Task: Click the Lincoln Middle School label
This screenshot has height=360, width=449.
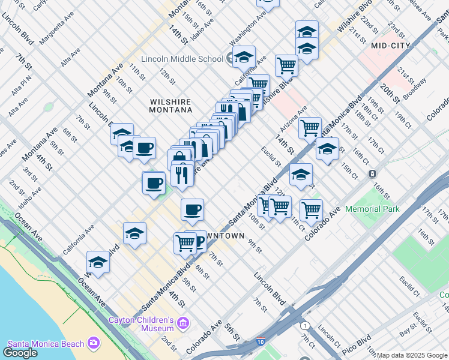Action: coord(181,59)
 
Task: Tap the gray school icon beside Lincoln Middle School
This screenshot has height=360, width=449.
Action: coord(230,58)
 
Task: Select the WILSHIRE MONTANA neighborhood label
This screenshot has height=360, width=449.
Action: coord(171,106)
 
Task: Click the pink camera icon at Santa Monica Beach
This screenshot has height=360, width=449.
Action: coord(93,342)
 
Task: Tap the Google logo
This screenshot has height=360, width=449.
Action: coord(20,353)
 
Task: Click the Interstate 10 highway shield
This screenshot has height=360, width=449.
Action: coord(260,342)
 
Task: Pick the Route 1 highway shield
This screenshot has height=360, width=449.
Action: coord(305,326)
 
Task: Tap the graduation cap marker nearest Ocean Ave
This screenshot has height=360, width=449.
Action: coord(98,262)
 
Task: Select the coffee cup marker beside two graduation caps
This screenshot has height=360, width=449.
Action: coord(144,148)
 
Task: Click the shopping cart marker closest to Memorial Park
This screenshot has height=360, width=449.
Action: coord(310,210)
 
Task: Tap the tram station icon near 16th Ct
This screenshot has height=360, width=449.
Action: coord(372,173)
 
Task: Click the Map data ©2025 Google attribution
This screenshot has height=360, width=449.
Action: coord(412,355)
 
